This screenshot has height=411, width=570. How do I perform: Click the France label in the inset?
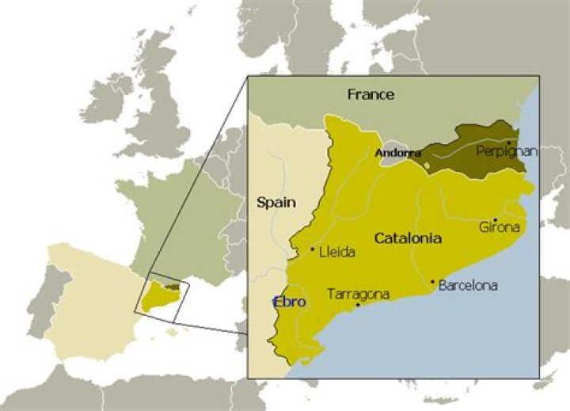pos(370,94)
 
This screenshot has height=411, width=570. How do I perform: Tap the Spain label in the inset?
pos(276,202)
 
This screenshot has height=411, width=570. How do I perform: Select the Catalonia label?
pos(407,238)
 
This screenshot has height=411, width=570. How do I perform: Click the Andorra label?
pos(397,152)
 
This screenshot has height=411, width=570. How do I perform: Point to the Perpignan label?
pos(507,150)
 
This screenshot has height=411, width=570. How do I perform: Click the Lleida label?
pos(336,253)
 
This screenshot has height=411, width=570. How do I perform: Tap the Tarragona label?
pos(358,294)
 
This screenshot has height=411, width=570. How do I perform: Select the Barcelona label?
pos(467,285)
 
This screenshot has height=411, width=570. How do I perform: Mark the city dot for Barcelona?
pos(432,281)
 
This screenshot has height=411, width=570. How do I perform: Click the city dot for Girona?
pos(496,220)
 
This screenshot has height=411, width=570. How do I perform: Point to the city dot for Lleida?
pos(313,249)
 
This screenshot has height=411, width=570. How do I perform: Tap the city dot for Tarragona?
pos(358,304)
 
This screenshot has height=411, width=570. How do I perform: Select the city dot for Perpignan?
pos(507,142)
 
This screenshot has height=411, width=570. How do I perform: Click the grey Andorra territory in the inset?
pos(393,159)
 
